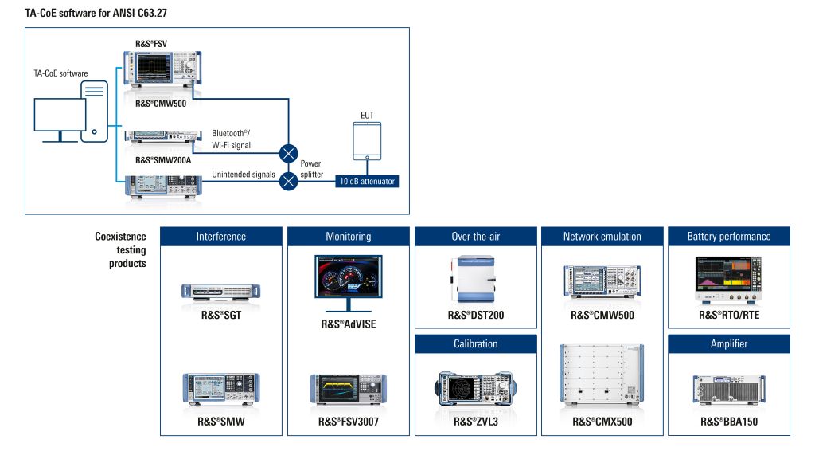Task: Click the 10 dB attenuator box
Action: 367,181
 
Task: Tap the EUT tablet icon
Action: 367,141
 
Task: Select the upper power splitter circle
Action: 288,154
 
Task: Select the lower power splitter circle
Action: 288,181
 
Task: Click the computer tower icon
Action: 94,112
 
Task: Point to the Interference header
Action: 221,236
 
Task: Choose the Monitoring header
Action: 349,236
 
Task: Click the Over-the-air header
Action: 476,236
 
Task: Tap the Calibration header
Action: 476,344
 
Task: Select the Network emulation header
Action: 602,236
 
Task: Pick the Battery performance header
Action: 729,236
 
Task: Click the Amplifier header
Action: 729,344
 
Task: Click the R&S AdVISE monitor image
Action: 349,283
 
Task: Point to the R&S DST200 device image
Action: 473,279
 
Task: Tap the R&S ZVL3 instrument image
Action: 476,389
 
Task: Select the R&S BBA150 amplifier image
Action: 729,389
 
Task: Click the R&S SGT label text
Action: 221,315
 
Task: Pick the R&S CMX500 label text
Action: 602,422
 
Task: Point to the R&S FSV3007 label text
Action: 349,422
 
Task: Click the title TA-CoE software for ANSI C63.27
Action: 96,13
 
